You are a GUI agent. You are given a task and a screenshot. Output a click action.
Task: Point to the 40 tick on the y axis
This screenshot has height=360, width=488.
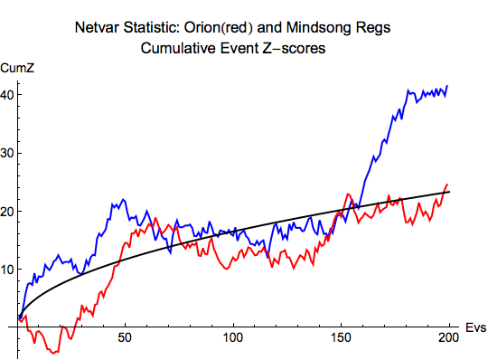pos(7,95)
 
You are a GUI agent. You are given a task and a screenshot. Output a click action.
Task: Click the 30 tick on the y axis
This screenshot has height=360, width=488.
pos(7,153)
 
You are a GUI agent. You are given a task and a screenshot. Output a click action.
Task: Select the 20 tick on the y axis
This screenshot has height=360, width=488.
pos(7,212)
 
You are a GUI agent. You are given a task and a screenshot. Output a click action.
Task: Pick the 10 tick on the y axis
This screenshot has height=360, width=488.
pos(7,270)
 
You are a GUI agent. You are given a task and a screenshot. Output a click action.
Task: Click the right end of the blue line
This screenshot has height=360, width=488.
pos(448,86)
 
